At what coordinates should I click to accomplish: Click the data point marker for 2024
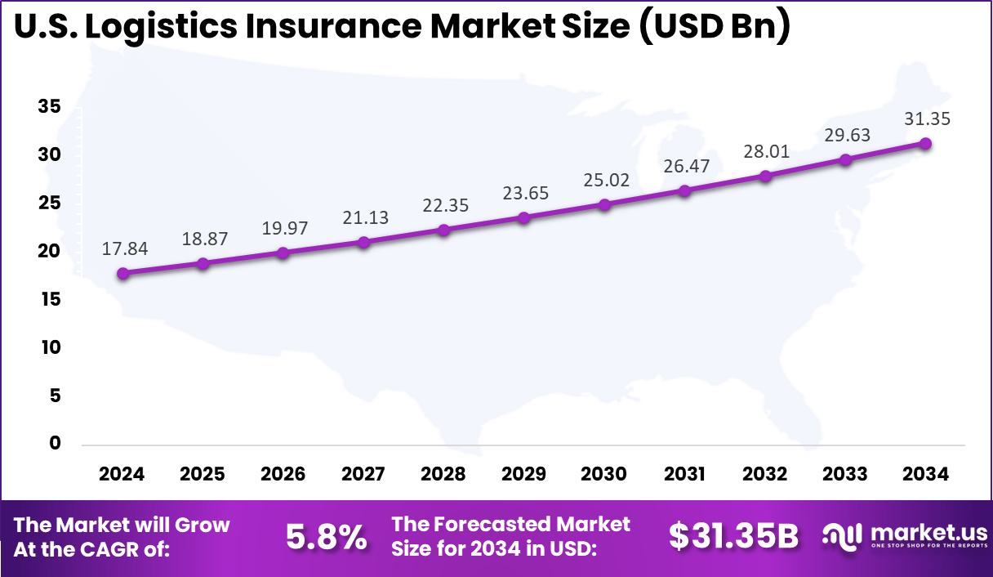click(122, 274)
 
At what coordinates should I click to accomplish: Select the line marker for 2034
click(925, 144)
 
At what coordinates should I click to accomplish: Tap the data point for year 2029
click(523, 217)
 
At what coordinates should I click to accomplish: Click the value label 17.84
click(125, 249)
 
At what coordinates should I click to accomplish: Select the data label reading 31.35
click(927, 119)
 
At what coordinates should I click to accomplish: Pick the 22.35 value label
click(445, 205)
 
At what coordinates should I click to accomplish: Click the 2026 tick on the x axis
click(283, 474)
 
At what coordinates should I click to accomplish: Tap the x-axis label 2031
click(684, 474)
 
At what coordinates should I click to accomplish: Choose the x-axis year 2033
click(845, 474)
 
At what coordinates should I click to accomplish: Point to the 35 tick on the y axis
click(49, 107)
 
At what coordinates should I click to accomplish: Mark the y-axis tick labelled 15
click(49, 299)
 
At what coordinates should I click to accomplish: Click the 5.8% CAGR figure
click(326, 537)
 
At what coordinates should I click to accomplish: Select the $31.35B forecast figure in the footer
click(733, 537)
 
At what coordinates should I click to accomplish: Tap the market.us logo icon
click(841, 536)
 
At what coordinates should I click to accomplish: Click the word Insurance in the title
click(315, 26)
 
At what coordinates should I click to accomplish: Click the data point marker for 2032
click(765, 177)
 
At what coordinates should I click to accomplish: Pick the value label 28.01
click(765, 152)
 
